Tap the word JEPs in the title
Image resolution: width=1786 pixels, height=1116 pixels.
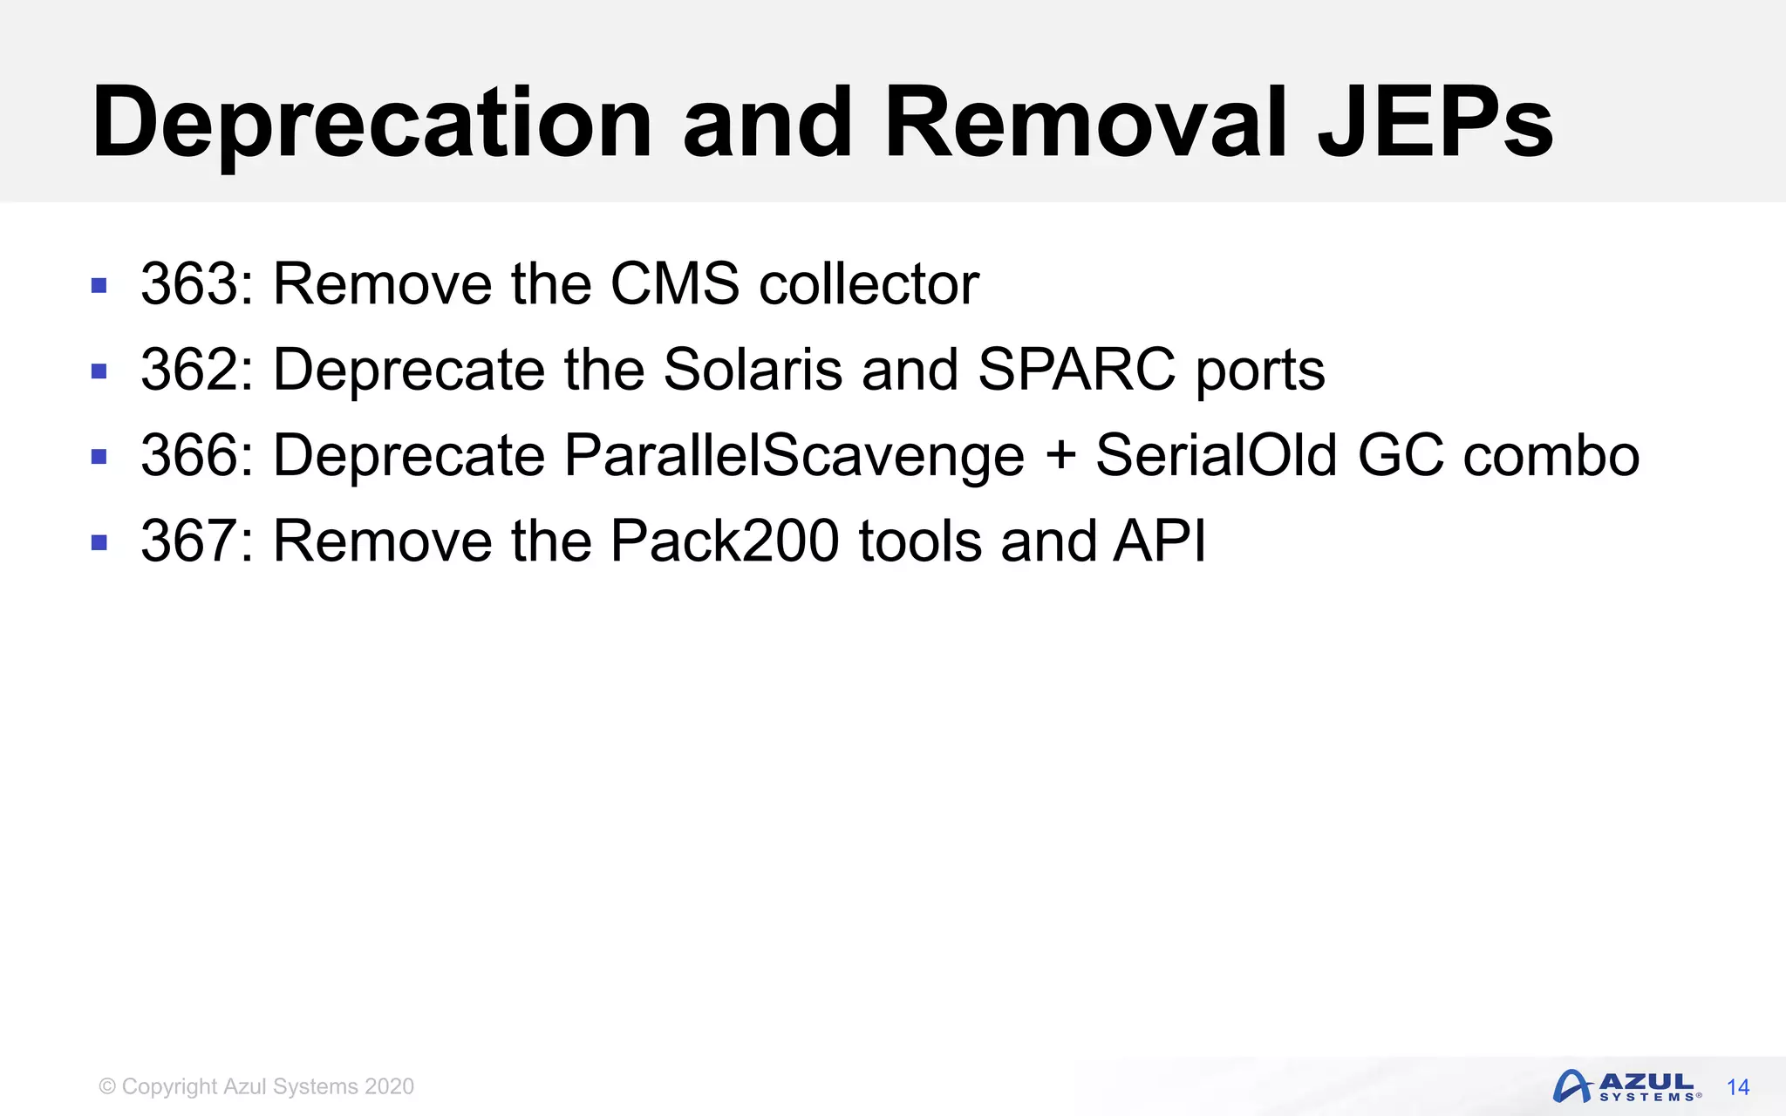(x=1435, y=124)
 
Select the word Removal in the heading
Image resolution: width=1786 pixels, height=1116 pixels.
(x=1086, y=124)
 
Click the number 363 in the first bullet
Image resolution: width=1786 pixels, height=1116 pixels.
(x=190, y=284)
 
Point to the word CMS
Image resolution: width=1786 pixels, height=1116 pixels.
(x=675, y=284)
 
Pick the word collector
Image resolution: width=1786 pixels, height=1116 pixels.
(x=869, y=284)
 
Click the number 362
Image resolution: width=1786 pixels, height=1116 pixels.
(x=190, y=370)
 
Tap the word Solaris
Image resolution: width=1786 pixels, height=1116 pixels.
(x=753, y=370)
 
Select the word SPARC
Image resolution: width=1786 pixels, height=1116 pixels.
(x=1076, y=370)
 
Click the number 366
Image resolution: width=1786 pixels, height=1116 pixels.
(x=190, y=455)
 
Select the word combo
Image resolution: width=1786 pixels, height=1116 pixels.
(x=1551, y=455)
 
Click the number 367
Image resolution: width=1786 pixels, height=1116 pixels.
(x=190, y=541)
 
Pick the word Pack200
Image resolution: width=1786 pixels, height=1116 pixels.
(x=724, y=541)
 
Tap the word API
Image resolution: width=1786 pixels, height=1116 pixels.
(x=1160, y=541)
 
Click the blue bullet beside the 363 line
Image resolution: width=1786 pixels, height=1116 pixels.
(x=99, y=285)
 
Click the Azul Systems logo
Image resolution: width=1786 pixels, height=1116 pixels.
(x=1626, y=1086)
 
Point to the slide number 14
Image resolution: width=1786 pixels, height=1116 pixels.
(x=1738, y=1087)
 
